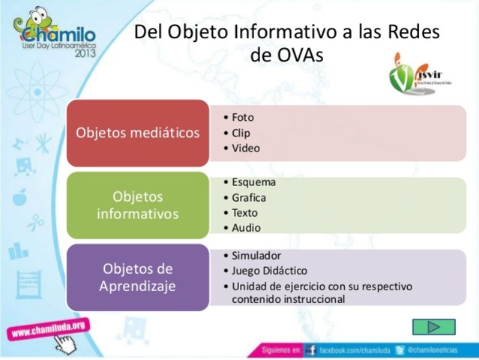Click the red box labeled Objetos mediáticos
(x=138, y=133)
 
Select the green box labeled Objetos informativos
(x=138, y=205)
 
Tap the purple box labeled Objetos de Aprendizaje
(x=138, y=277)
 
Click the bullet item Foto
(x=243, y=118)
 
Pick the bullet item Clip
(x=241, y=133)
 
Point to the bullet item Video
(x=246, y=148)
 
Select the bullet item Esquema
(x=253, y=182)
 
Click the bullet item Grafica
(x=249, y=198)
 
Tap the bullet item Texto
(x=244, y=213)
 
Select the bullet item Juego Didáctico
(x=269, y=271)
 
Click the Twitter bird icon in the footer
(x=401, y=350)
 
